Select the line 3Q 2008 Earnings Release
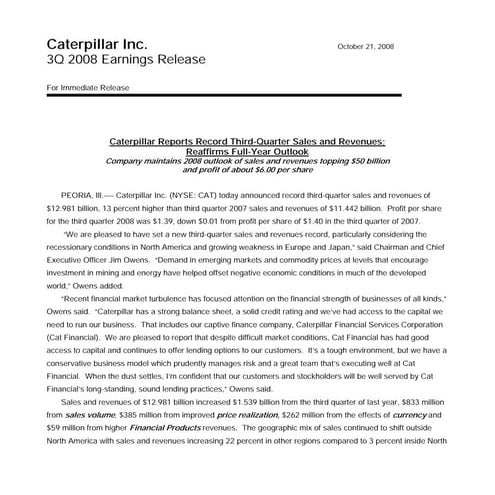(126, 61)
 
